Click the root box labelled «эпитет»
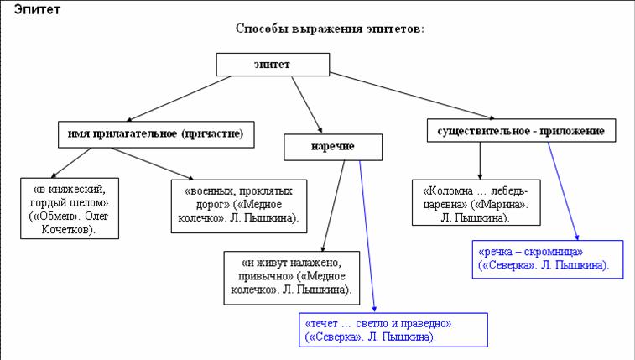[266, 65]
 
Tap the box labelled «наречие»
[333, 146]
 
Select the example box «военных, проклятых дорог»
[238, 206]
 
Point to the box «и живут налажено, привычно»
[291, 277]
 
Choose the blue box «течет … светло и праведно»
[393, 330]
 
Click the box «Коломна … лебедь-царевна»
[475, 201]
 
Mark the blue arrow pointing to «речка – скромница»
[563, 191]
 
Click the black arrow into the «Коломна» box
[480, 159]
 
